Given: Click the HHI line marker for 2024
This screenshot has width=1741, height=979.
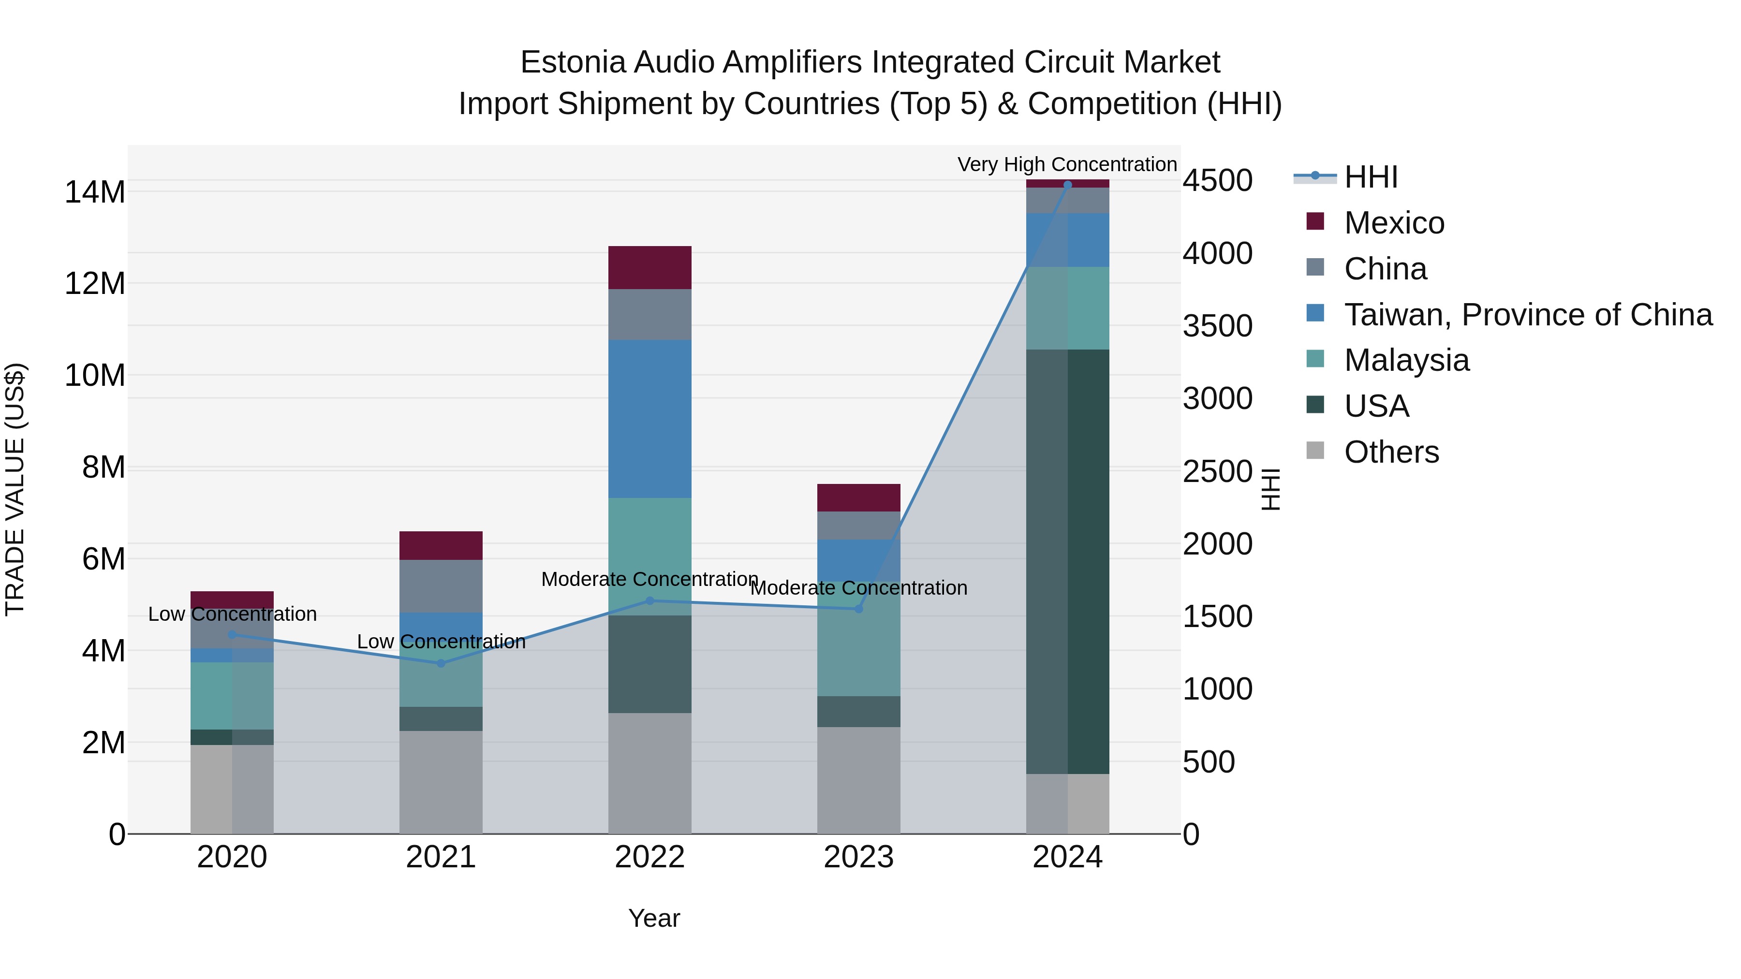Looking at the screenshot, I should pos(1067,185).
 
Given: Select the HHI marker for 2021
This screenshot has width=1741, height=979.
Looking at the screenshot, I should pos(441,663).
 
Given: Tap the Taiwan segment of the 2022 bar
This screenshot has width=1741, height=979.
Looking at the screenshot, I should pos(649,419).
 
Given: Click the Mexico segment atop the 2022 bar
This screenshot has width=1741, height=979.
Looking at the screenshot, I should pos(649,267).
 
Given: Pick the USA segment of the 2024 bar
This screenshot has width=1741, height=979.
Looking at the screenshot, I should pos(1067,561).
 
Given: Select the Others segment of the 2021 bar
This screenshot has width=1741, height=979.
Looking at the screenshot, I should pos(441,782).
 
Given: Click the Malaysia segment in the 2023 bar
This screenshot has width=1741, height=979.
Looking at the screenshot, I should pos(858,639).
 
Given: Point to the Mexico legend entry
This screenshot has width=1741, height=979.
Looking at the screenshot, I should pos(1394,223).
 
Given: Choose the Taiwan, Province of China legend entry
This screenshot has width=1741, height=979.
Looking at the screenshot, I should pos(1527,315).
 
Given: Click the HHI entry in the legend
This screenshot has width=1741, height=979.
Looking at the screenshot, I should pos(1370,177).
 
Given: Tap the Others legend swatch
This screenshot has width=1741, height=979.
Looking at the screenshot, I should pos(1315,451).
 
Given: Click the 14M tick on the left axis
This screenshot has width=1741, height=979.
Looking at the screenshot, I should pos(95,192).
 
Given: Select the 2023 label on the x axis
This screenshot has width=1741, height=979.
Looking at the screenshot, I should pos(858,857).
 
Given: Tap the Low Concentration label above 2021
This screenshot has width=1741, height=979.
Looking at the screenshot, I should pos(441,641).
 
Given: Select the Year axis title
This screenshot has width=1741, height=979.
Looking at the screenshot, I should pos(653,918).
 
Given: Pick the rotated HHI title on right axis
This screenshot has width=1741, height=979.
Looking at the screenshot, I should pos(1270,489).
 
